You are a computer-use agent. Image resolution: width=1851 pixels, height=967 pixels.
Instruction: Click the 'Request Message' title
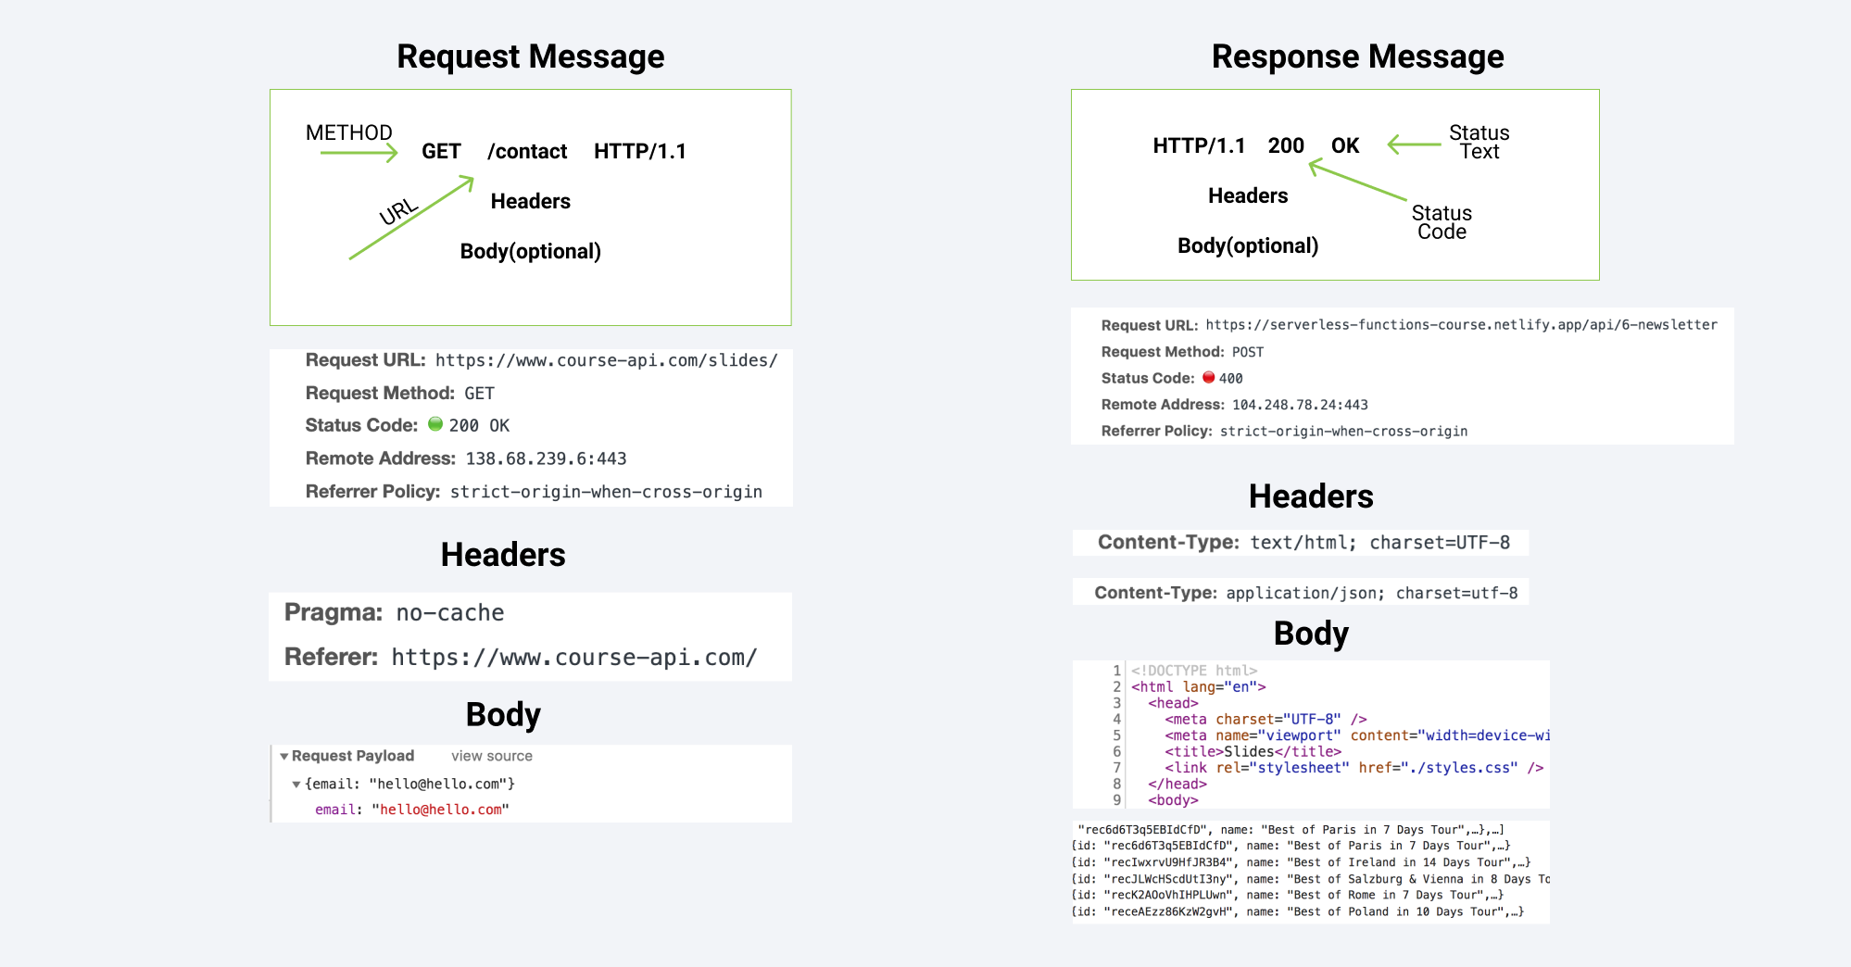530,57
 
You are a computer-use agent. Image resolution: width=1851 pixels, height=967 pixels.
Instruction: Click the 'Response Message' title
1357,57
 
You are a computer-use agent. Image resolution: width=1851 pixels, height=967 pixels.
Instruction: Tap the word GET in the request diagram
441,151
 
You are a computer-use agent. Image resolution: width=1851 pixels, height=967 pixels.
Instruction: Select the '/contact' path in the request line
527,151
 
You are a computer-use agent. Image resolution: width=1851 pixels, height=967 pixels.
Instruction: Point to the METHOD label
349,132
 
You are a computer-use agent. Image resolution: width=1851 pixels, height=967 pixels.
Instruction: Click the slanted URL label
398,212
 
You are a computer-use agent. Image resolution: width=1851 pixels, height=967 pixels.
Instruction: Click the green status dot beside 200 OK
435,424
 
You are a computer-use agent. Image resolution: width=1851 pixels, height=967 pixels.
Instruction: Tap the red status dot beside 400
1208,377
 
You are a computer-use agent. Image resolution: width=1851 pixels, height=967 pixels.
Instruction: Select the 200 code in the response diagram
1286,145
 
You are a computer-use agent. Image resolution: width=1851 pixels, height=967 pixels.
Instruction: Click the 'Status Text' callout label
1479,142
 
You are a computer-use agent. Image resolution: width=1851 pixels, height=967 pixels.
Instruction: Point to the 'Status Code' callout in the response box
1442,222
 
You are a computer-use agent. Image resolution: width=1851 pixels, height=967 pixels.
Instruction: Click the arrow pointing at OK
1414,144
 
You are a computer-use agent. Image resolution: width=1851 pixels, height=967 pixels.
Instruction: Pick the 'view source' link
491,756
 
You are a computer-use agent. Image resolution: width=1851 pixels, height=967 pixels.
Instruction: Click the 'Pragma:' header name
334,612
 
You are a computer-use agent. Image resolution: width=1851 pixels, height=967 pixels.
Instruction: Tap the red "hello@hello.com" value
440,810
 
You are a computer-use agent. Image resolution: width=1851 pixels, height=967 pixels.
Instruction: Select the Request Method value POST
1248,352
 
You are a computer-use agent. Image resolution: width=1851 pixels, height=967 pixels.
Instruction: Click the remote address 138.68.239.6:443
546,458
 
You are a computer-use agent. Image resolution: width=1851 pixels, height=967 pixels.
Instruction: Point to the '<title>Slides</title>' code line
1253,751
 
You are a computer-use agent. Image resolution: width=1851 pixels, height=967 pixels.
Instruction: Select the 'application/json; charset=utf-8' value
1371,593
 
